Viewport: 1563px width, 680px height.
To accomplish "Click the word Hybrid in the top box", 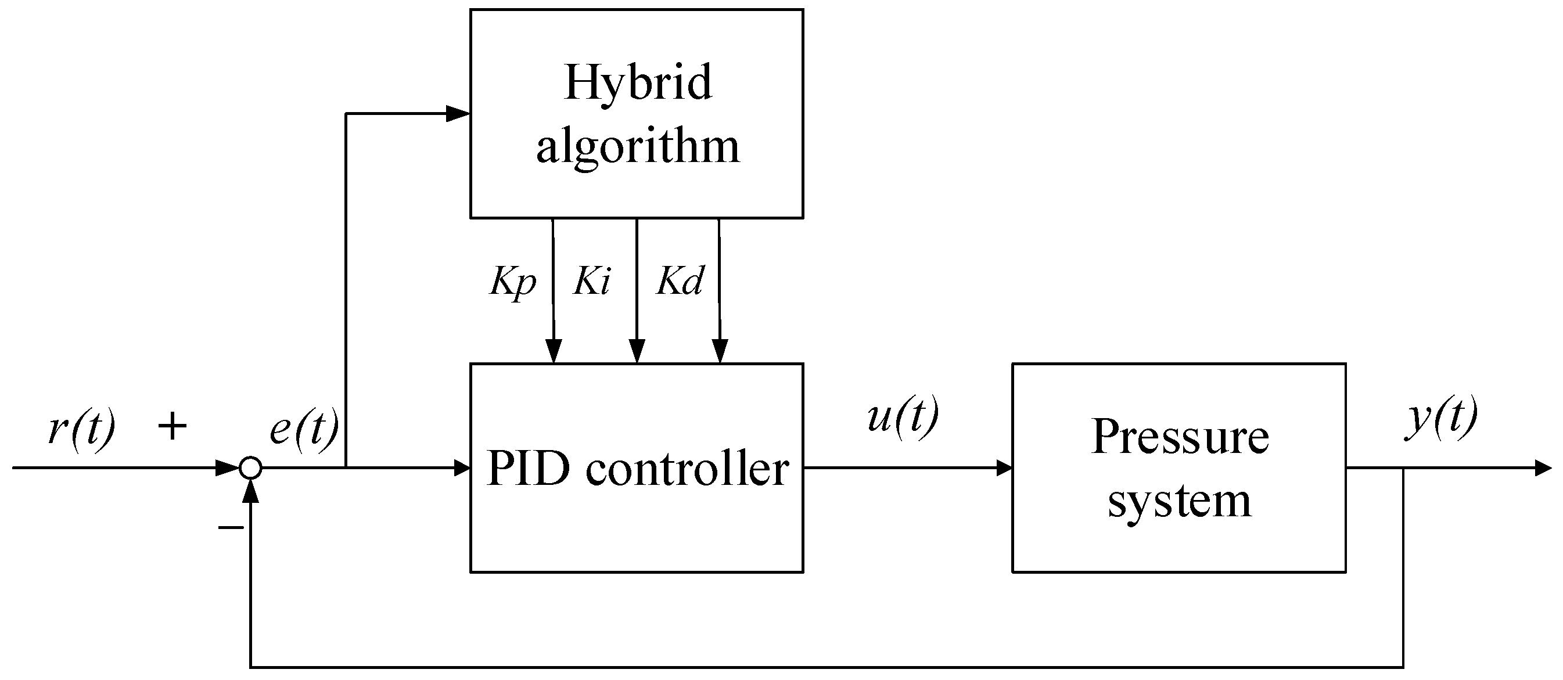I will (637, 83).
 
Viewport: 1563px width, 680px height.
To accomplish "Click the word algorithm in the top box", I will (637, 147).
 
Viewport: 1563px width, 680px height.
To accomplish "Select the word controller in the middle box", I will (687, 469).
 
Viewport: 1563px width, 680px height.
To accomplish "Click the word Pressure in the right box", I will (1180, 437).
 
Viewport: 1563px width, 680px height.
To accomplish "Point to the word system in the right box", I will (1179, 502).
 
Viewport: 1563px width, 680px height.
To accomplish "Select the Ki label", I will (592, 281).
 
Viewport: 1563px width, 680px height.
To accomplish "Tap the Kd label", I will (680, 281).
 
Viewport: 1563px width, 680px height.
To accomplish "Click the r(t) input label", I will (81, 430).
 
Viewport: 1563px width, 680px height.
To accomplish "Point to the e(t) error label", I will (304, 430).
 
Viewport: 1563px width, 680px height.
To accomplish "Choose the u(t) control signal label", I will (902, 418).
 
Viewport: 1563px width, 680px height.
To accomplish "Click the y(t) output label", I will (1442, 418).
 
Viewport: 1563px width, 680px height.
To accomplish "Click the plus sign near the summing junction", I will (173, 426).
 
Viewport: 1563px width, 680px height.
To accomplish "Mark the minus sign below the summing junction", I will (231, 527).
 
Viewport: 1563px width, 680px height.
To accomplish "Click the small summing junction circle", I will (250, 468).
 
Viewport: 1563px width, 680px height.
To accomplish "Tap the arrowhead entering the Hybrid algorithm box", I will (458, 113).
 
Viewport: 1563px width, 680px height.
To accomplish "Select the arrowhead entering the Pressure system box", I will (1004, 468).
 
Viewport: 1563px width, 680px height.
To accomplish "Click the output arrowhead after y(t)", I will (1543, 468).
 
